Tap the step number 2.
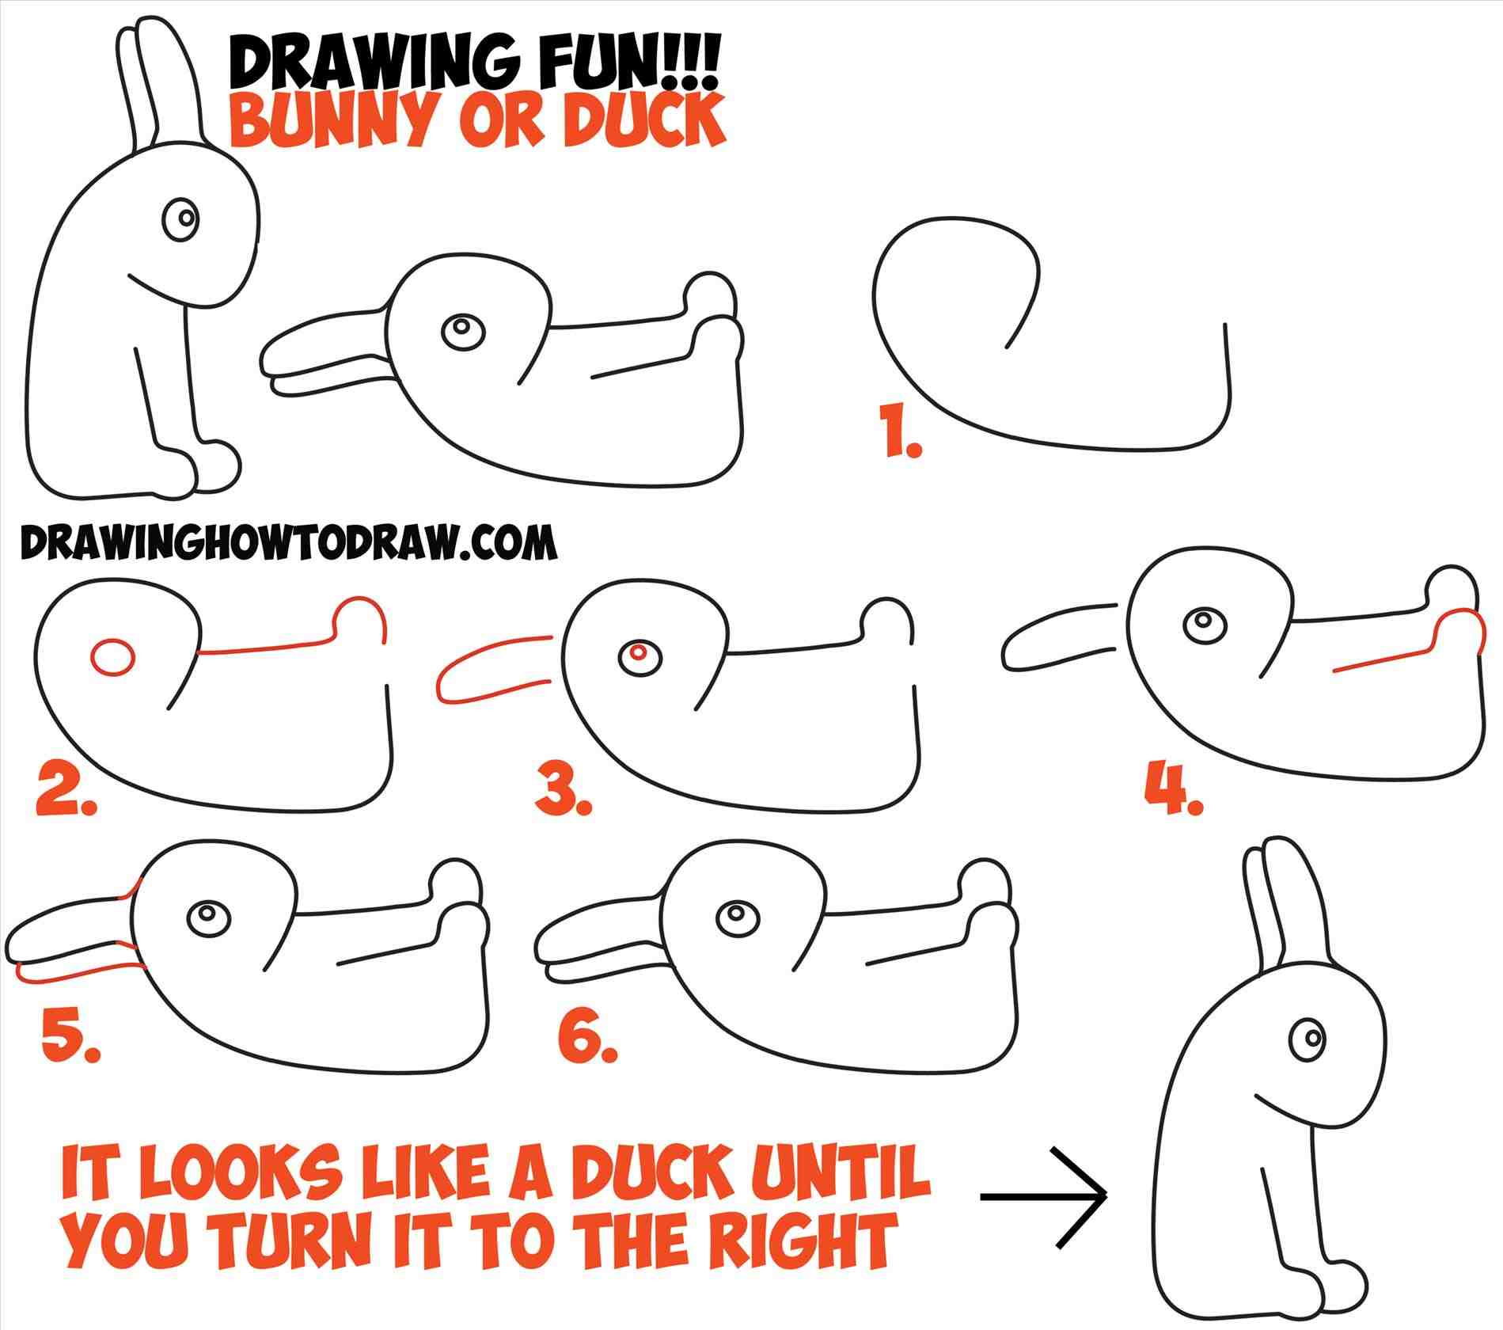[63, 788]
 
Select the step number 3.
[562, 788]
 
